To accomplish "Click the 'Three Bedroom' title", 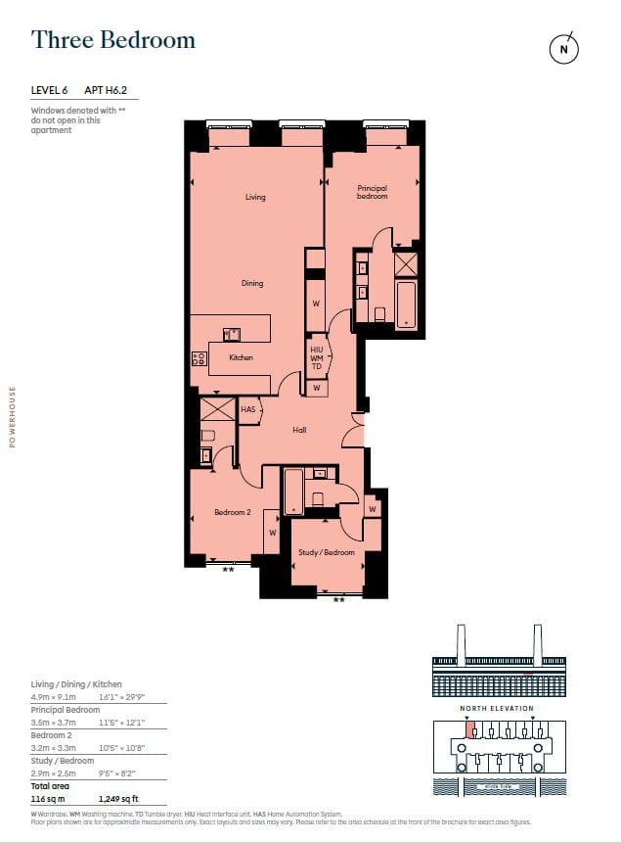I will coord(113,40).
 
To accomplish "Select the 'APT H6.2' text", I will coord(106,91).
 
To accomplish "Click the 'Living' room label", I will coord(255,198).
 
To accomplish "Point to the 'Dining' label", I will coord(252,283).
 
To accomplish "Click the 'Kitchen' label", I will coord(241,357).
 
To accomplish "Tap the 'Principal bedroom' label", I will coord(372,192).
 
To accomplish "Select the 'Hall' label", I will coord(299,430).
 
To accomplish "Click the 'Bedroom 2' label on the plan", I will coord(233,512).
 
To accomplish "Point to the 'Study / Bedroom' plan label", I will coord(326,552).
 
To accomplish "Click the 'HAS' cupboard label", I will coord(247,409).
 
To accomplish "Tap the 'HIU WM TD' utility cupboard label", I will coord(316,357).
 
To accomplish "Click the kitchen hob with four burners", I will coord(200,359).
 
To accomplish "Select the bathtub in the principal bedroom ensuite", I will coord(405,304).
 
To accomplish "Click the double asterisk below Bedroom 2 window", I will coord(228,569).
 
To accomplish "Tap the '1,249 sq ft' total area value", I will coord(119,799).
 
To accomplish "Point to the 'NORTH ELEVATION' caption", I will coord(498,708).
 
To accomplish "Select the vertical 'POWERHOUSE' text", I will coord(13,416).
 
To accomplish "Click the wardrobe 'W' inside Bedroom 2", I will coord(272,533).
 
